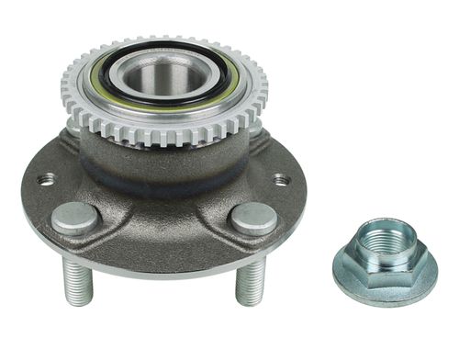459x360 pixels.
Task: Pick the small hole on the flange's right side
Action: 281,180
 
